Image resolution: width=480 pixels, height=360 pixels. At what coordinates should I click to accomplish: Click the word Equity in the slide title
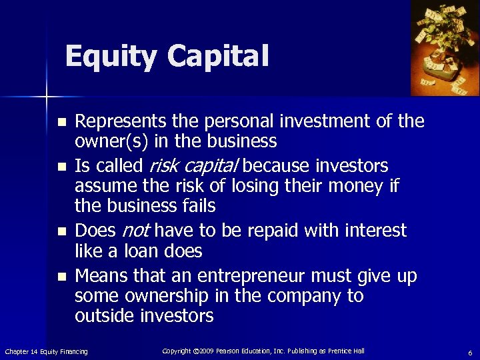[111, 56]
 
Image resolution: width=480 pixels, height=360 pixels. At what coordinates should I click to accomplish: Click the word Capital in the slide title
[218, 56]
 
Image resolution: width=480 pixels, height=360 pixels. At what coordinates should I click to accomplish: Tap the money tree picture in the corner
[445, 47]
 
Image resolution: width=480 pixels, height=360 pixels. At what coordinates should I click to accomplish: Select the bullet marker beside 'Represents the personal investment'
[62, 123]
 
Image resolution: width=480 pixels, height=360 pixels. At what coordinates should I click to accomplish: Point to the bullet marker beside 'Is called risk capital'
[62, 166]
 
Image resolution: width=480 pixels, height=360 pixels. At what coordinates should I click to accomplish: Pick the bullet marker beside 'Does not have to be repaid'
[62, 232]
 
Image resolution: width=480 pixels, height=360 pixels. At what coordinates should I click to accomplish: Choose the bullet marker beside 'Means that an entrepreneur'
[62, 275]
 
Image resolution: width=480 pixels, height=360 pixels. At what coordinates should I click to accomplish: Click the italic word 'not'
[137, 231]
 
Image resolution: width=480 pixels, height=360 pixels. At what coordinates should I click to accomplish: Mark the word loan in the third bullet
[153, 251]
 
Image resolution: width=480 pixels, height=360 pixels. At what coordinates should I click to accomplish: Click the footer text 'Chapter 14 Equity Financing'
[46, 351]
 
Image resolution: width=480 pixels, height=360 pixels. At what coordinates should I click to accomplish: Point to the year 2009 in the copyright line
[207, 351]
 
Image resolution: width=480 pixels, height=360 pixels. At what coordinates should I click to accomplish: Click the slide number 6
[470, 353]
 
